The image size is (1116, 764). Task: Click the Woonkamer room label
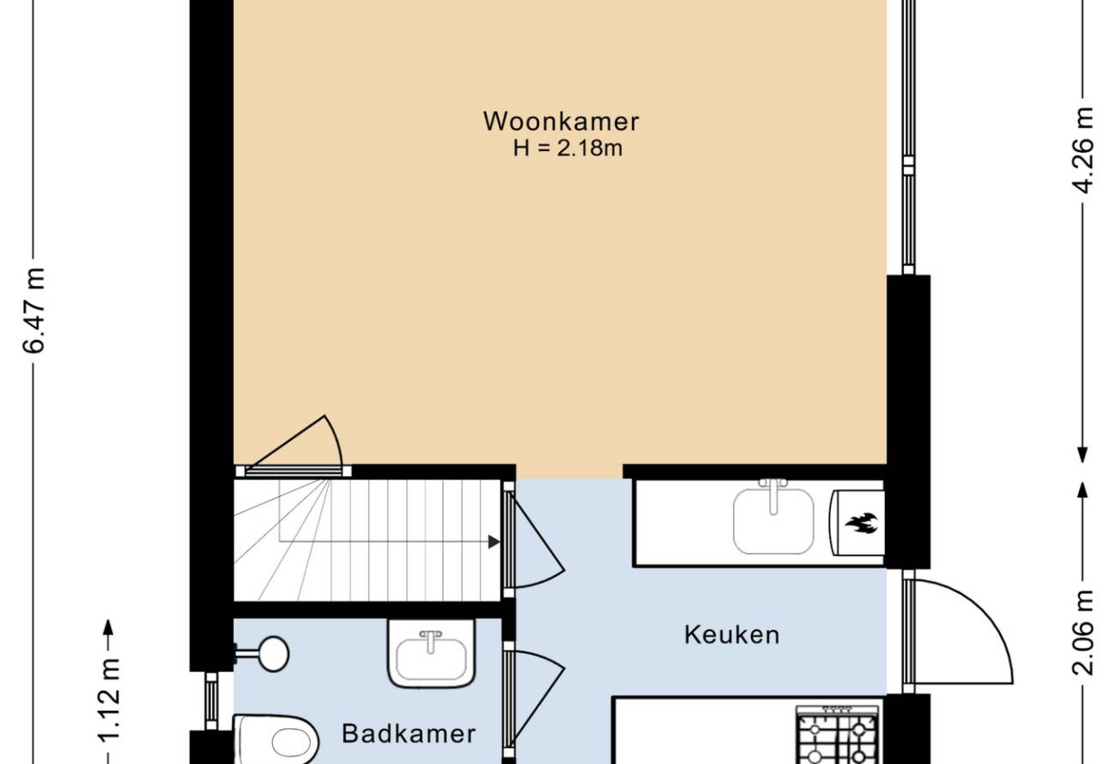click(561, 122)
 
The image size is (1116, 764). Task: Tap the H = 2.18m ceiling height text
click(568, 149)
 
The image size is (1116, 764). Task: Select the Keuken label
click(732, 635)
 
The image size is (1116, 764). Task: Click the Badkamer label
click(409, 734)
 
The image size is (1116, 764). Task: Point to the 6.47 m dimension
click(33, 310)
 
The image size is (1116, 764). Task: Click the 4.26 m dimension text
click(1083, 150)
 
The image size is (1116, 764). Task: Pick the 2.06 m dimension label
click(1083, 633)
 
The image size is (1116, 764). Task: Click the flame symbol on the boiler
click(861, 524)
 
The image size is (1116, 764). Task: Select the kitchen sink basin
click(773, 521)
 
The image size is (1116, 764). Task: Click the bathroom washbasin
click(432, 653)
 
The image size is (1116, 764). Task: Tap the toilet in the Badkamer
click(276, 740)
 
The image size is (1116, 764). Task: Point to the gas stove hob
click(838, 735)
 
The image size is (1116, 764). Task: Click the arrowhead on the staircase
click(494, 542)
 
